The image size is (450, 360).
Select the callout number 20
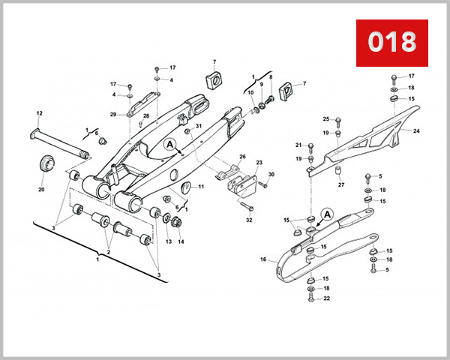point(41,190)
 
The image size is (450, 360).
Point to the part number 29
point(112,114)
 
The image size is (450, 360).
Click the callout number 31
point(199,126)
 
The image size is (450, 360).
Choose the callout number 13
point(169,241)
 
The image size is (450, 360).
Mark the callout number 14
point(181,241)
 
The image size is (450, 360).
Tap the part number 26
point(242,157)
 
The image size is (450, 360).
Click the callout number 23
point(259,162)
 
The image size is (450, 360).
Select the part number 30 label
point(272,175)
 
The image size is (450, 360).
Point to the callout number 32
point(249,220)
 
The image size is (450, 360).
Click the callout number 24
point(416,130)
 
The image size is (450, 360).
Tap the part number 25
point(326,119)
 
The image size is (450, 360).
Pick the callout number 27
point(340,184)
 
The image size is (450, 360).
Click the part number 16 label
point(263,259)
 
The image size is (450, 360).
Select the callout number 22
point(326,299)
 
